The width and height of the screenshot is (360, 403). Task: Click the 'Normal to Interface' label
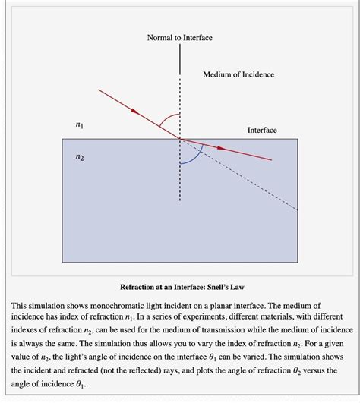pos(180,37)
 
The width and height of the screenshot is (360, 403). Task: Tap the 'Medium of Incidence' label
pos(238,74)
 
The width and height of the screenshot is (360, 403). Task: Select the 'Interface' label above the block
pos(262,131)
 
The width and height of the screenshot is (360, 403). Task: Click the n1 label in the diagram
pos(81,123)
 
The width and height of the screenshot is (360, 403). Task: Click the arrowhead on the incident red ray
pos(137,112)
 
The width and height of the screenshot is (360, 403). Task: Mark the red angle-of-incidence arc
pos(168,120)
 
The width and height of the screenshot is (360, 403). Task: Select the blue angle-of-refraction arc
pos(193,157)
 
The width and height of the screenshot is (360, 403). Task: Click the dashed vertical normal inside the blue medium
pos(180,182)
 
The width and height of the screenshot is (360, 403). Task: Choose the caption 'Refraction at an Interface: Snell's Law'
pos(179,287)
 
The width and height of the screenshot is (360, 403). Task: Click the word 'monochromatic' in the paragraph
pos(120,305)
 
